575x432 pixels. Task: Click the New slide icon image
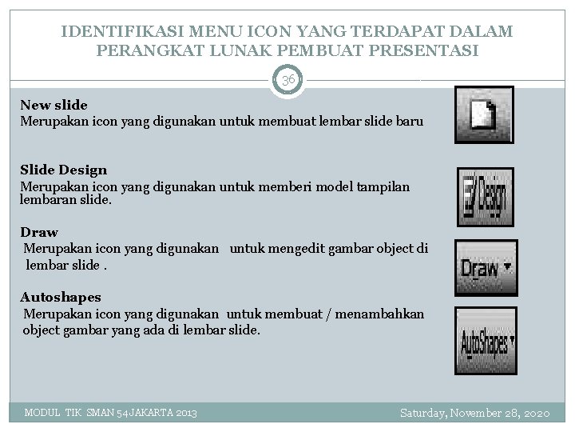click(x=484, y=115)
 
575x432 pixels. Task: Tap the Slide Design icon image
click(x=486, y=198)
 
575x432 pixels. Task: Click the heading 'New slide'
click(x=54, y=105)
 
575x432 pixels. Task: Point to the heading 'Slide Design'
click(x=63, y=170)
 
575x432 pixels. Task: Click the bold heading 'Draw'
click(x=39, y=233)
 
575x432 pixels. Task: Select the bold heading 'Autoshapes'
click(x=61, y=298)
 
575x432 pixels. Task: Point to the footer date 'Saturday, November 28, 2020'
click(x=475, y=413)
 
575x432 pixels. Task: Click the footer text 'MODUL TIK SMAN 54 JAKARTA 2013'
click(x=111, y=413)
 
